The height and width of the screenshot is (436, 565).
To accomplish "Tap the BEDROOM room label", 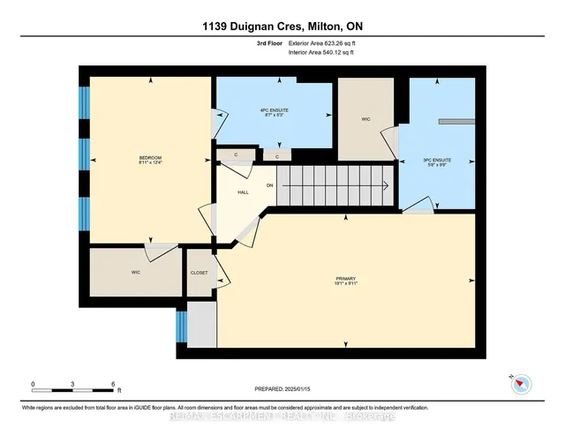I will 150,158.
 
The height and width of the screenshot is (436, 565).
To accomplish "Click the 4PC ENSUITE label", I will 275,109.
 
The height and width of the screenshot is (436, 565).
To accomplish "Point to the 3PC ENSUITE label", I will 436,160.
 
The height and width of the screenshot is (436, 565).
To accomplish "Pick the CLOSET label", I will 200,273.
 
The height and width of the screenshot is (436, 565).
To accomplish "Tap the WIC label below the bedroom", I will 136,273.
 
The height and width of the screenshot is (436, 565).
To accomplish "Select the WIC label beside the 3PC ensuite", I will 365,119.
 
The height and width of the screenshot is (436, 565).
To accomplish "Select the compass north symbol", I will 521,383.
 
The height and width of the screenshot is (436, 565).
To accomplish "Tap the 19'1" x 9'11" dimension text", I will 345,283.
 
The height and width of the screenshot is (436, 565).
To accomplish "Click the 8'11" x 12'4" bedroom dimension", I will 150,163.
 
